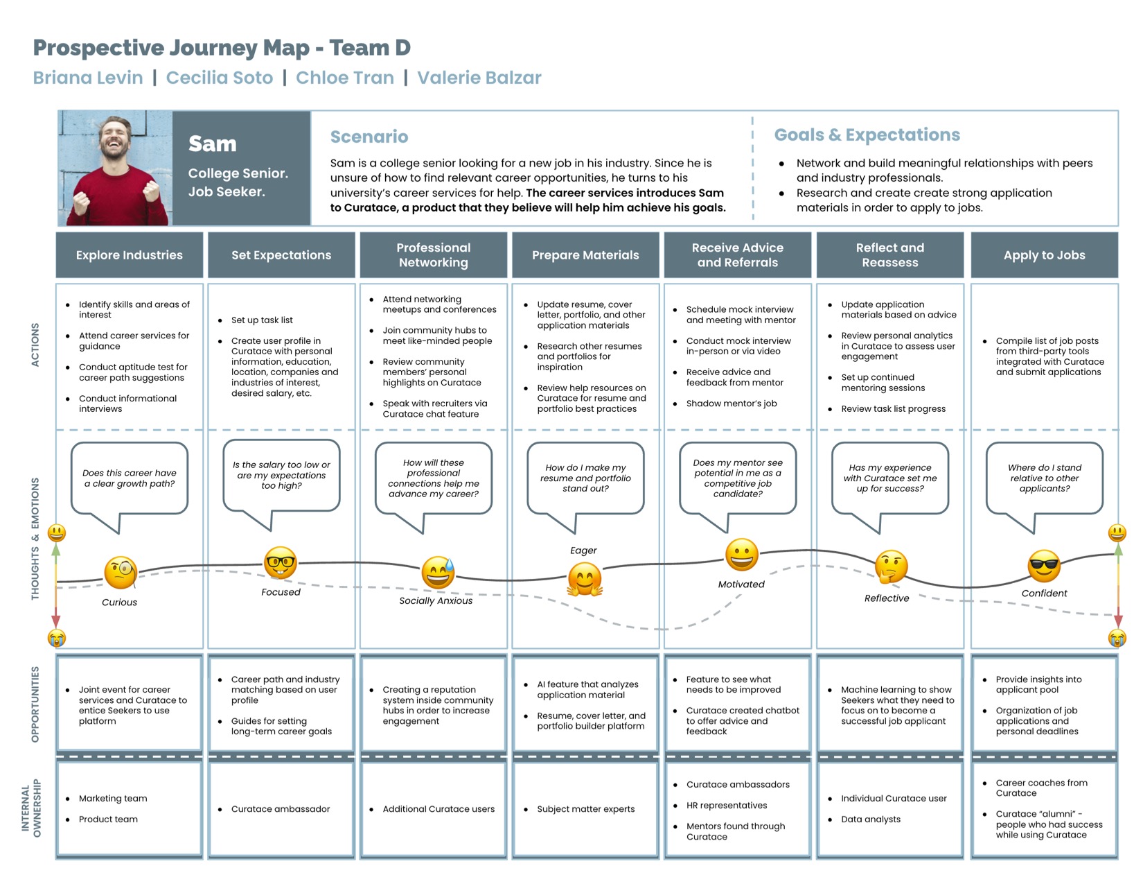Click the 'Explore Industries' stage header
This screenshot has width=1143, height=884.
click(129, 255)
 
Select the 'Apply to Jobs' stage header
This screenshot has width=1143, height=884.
click(1044, 255)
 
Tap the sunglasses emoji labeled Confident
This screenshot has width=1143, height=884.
click(1043, 566)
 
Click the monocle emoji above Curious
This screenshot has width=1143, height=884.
click(121, 572)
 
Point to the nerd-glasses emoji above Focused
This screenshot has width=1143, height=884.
click(281, 562)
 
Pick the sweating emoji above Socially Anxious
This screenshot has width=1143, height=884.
click(438, 572)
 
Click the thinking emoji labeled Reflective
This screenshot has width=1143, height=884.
click(891, 566)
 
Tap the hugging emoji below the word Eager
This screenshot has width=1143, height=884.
click(585, 579)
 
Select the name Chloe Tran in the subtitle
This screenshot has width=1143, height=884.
click(344, 78)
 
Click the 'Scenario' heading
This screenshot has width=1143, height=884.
click(369, 137)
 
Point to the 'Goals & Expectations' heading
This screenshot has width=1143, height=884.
click(867, 135)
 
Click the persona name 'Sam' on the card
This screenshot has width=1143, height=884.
click(213, 144)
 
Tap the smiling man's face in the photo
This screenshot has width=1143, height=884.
click(115, 139)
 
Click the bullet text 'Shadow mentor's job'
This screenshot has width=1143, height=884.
click(731, 404)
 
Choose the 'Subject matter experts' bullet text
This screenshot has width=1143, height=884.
click(585, 808)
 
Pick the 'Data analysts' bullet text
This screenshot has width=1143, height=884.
click(871, 820)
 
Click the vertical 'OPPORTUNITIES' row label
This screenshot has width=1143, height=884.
click(35, 704)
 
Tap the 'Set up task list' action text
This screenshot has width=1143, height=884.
click(262, 320)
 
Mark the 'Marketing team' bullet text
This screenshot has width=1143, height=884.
click(112, 798)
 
